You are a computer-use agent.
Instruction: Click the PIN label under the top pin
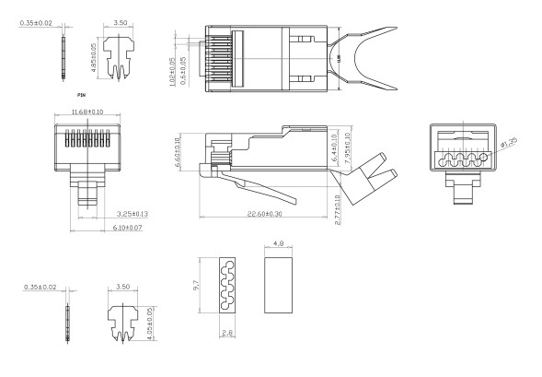[83, 94]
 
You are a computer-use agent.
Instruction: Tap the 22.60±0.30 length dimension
[263, 215]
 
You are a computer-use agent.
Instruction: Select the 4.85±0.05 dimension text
[94, 52]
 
